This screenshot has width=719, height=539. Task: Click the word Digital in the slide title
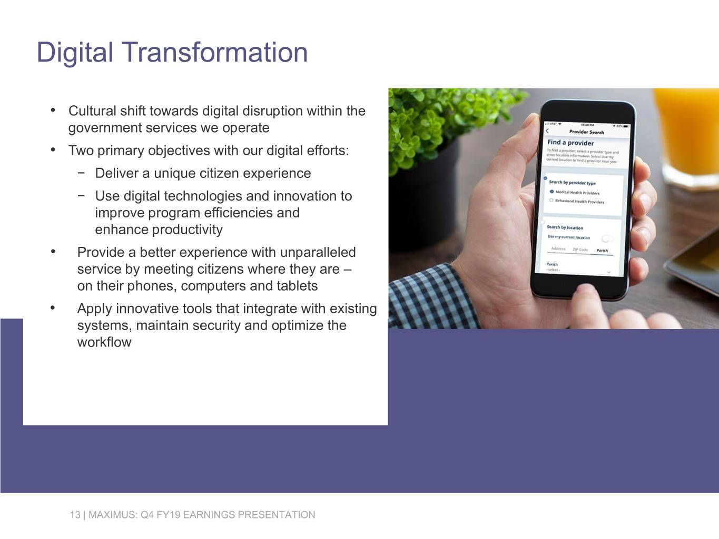pyautogui.click(x=75, y=53)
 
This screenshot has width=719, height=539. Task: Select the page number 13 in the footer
pyautogui.click(x=75, y=515)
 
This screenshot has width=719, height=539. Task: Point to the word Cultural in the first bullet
pyautogui.click(x=92, y=111)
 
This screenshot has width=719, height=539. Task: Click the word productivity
pyautogui.click(x=187, y=229)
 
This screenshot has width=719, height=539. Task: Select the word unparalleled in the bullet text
pyautogui.click(x=318, y=252)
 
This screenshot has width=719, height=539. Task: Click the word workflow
pyautogui.click(x=104, y=342)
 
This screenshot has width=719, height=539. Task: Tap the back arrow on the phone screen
pyautogui.click(x=548, y=131)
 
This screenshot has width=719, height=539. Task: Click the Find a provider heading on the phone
pyautogui.click(x=570, y=143)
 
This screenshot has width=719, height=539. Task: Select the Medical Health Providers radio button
pyautogui.click(x=551, y=192)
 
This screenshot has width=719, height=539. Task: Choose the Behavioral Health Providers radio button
pyautogui.click(x=551, y=201)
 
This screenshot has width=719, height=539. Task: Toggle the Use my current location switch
pyautogui.click(x=607, y=238)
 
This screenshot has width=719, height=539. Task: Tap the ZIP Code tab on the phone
pyautogui.click(x=580, y=249)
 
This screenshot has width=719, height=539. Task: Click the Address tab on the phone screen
pyautogui.click(x=558, y=248)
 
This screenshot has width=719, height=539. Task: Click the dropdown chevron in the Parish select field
pyautogui.click(x=609, y=272)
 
